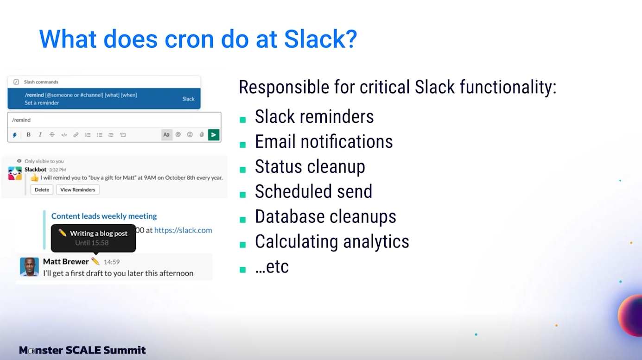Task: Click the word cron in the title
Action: (189, 40)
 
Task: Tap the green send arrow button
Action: (214, 135)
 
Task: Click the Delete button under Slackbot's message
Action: (42, 189)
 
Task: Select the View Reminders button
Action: (78, 189)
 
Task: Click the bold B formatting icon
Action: (28, 134)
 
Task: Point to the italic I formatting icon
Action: (40, 134)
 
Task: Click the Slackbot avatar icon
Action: (15, 173)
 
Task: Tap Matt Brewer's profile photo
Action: (29, 266)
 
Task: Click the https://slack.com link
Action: (183, 230)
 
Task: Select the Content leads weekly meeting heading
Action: (104, 216)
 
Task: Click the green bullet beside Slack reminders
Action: (243, 120)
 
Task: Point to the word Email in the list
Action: (275, 141)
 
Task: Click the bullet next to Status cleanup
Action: (243, 170)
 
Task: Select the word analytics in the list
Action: (376, 241)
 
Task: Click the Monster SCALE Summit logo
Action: (82, 350)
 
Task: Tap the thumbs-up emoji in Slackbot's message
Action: (35, 178)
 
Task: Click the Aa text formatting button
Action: (166, 135)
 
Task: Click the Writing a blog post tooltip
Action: (94, 238)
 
